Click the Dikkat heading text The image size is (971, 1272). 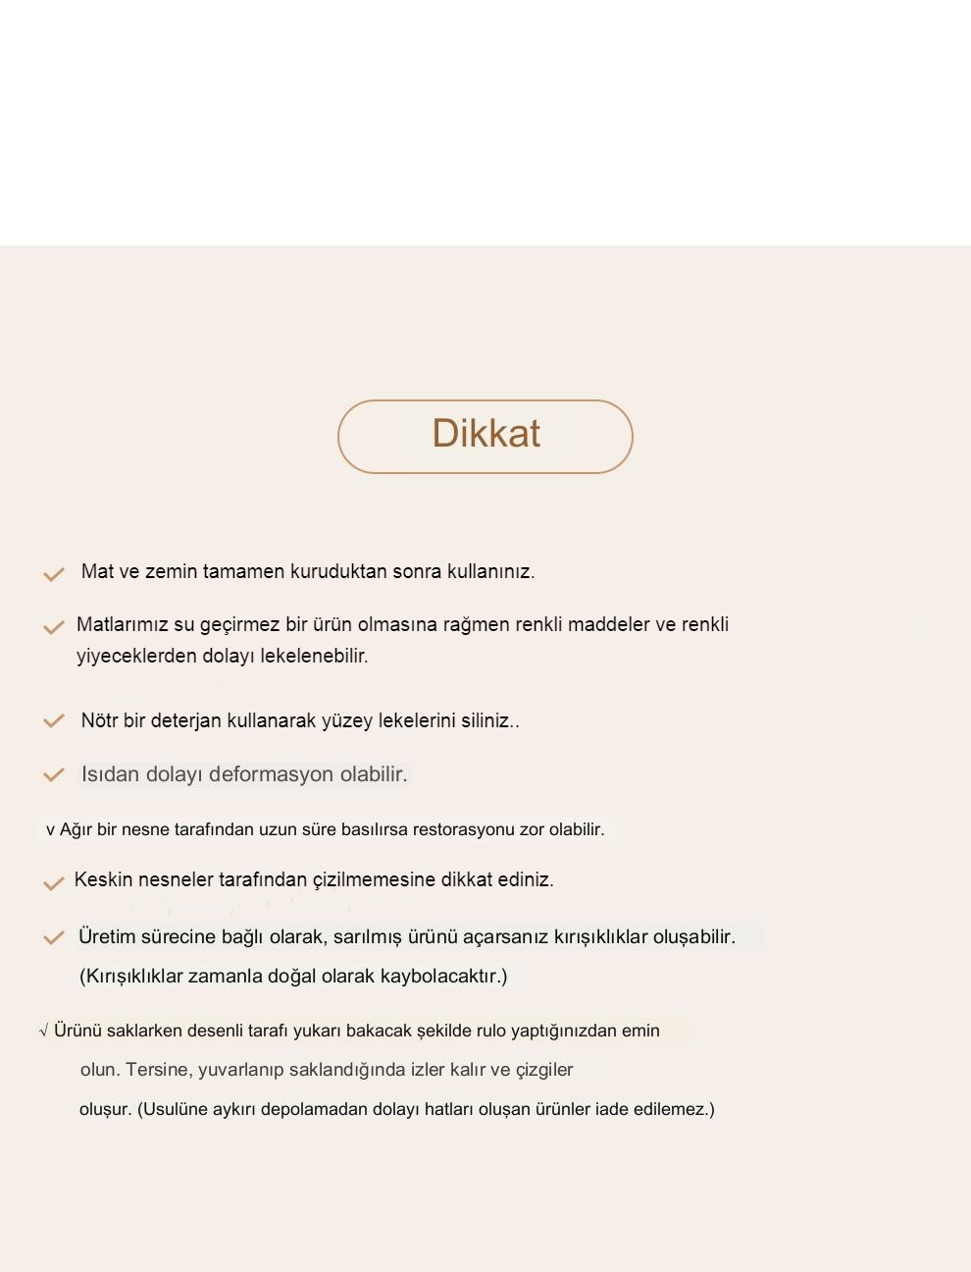(485, 434)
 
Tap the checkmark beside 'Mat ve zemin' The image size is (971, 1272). (53, 574)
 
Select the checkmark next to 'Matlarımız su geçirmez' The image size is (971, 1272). (53, 627)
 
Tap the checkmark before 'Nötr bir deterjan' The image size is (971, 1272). (53, 721)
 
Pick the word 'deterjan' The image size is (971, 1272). (185, 720)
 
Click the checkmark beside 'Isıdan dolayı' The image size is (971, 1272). (53, 775)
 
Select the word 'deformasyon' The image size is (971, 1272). (272, 774)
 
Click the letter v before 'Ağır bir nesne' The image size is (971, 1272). (50, 830)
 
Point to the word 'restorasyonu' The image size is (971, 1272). (464, 829)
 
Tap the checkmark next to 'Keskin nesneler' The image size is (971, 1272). (53, 883)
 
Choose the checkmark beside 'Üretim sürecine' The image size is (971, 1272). (53, 938)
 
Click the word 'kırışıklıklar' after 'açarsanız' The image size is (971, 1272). (601, 936)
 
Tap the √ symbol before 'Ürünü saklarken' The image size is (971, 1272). (43, 1031)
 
